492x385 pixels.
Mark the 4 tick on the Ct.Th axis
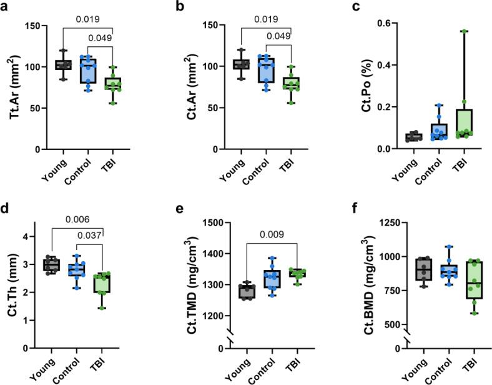pos(37,236)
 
